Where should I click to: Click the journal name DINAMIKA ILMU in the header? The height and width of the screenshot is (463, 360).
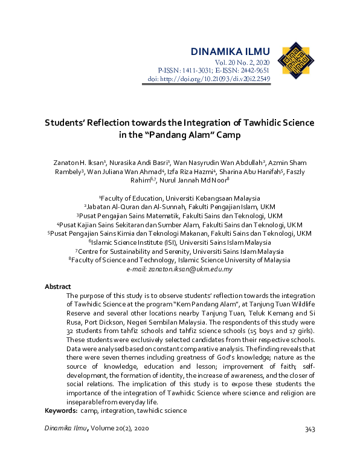pos(230,51)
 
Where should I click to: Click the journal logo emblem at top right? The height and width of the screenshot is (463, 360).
pos(295,60)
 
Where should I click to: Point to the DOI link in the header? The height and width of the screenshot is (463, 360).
pos(209,79)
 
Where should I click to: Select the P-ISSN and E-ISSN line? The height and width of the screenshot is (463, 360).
pos(214,71)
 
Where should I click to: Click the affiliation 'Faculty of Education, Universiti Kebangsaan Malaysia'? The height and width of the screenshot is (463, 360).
pos(180,198)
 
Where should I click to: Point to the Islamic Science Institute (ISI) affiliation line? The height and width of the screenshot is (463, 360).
pos(180,242)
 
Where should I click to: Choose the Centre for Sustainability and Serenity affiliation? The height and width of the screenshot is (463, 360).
pos(180,251)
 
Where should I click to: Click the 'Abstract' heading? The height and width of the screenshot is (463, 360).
pos(58,287)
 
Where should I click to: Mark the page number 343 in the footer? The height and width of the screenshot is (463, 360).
pos(310,429)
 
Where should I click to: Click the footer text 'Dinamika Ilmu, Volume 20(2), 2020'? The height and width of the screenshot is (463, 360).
pos(97,429)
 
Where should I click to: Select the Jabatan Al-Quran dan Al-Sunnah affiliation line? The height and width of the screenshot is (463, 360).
pos(180,207)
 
